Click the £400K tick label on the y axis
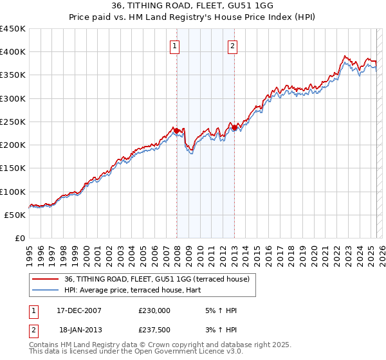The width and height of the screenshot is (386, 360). click(x=13, y=52)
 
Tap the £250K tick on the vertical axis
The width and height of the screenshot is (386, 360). click(x=13, y=122)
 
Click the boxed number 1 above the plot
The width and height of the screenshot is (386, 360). click(x=175, y=46)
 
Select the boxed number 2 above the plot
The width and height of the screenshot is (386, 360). click(x=232, y=46)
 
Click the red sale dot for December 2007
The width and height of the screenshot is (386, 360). click(x=177, y=131)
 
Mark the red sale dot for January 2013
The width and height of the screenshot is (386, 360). click(x=234, y=128)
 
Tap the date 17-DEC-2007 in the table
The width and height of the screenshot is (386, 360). click(x=79, y=310)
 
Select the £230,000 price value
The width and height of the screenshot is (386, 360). click(x=154, y=310)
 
